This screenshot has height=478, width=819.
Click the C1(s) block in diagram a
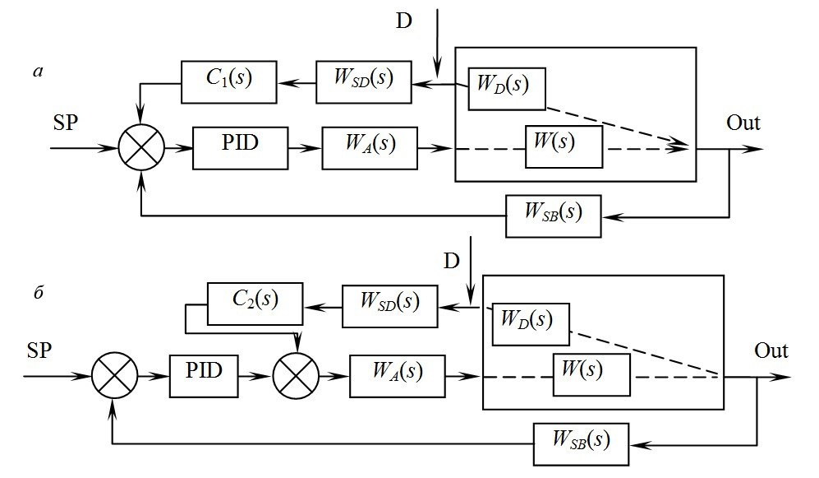228,82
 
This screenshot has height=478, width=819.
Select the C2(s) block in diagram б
255,304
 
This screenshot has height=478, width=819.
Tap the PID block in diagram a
240,148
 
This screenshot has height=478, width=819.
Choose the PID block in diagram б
204,376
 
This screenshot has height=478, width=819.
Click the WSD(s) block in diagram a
364,82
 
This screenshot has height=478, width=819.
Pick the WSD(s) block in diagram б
389,307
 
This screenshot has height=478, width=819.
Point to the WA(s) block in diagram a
370,148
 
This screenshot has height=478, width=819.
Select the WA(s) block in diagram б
398,376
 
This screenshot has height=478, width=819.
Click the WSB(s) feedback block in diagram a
553,216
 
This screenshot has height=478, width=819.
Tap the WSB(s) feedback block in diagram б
581,444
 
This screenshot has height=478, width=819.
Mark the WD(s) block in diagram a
507,89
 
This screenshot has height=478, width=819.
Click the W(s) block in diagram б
591,375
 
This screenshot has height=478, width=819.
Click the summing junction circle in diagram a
141,148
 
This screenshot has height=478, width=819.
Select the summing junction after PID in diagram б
297,376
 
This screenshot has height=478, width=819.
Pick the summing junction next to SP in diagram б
115,376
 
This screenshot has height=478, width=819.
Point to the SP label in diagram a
65,123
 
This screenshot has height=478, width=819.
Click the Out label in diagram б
771,350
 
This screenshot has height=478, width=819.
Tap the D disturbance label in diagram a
404,21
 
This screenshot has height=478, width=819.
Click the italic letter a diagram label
38,72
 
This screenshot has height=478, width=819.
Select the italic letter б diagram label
38,292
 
